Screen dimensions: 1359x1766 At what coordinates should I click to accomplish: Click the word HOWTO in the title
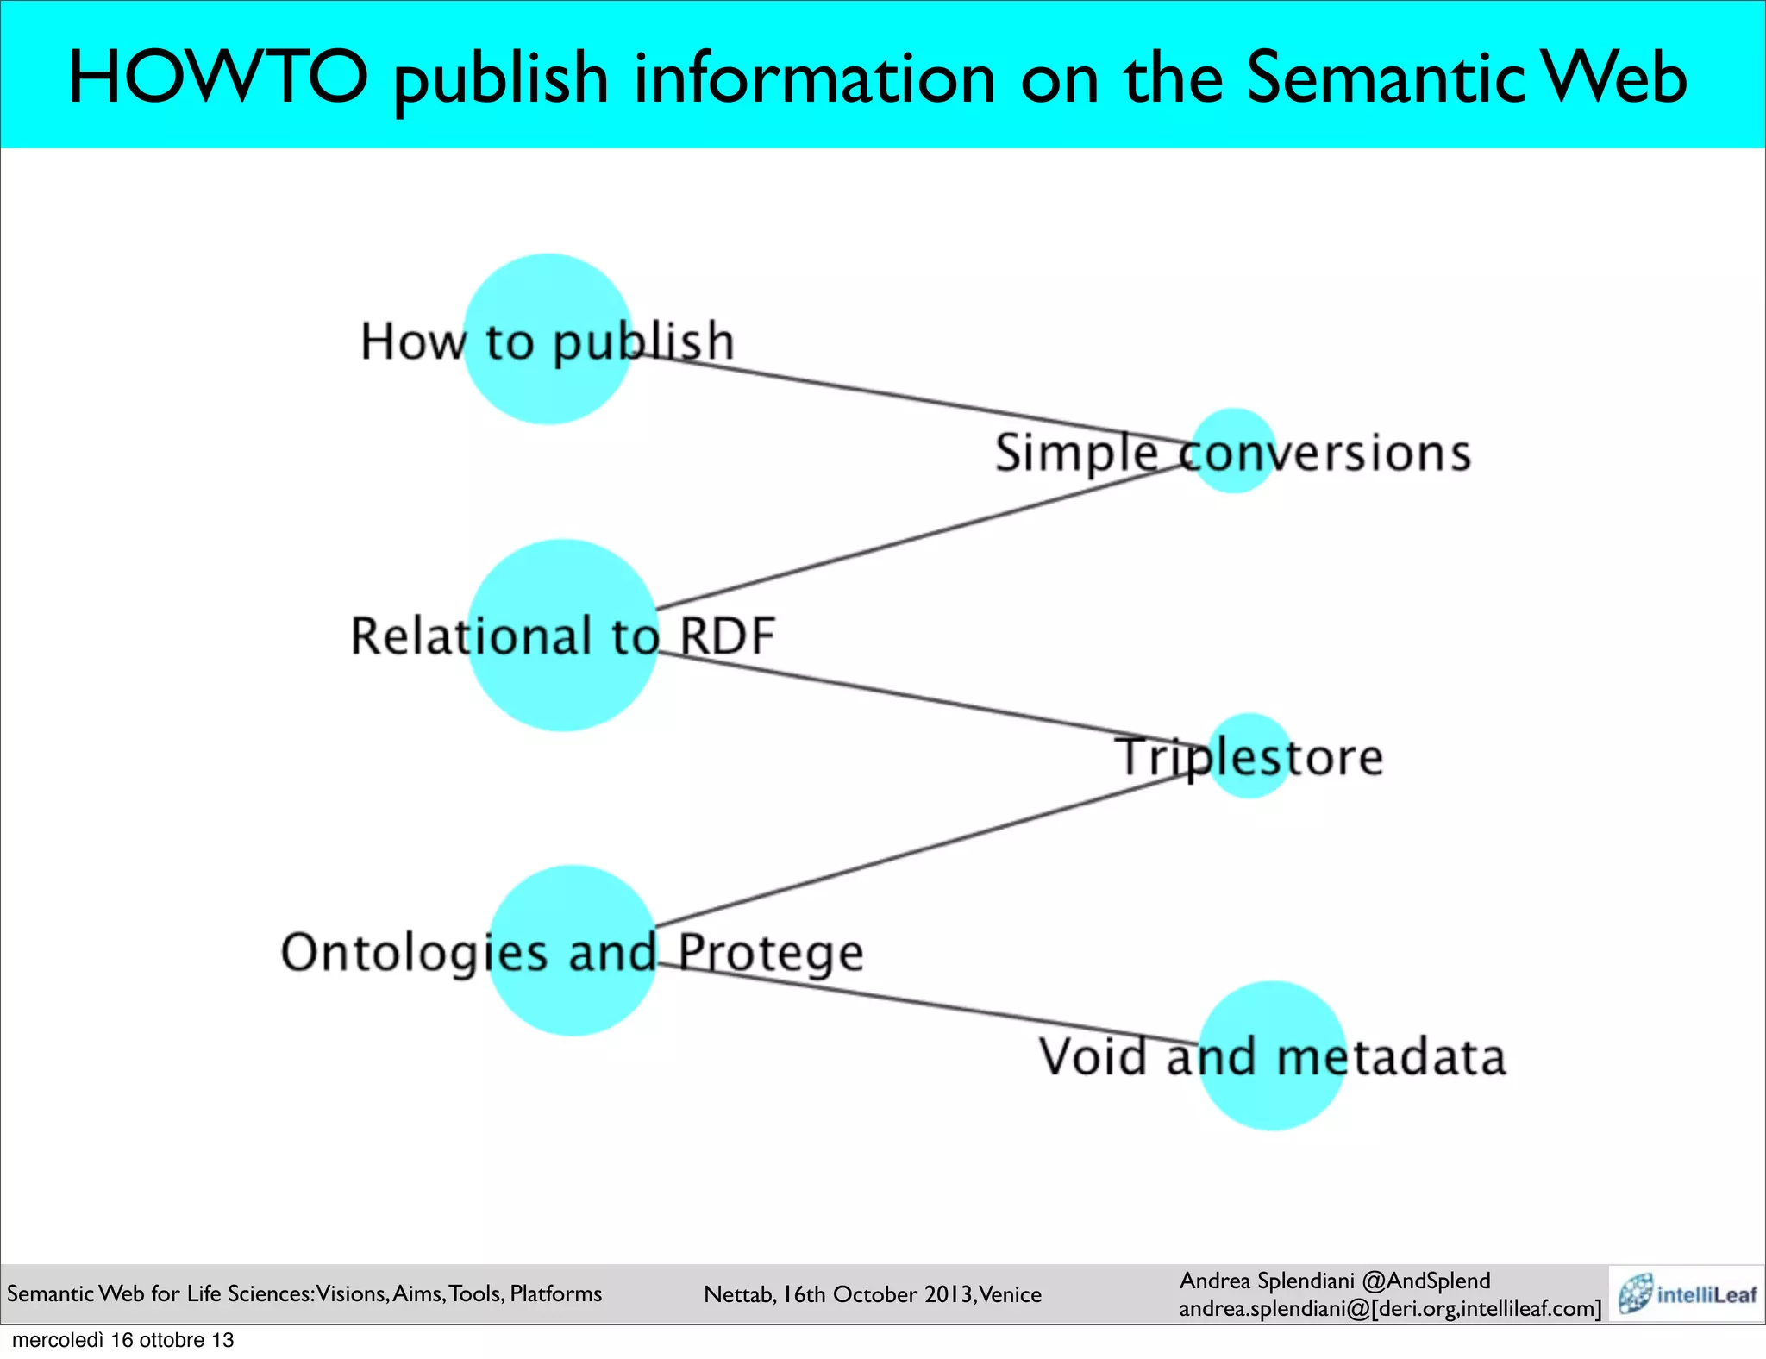pos(218,78)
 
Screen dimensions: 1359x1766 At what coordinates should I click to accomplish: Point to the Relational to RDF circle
pos(562,690)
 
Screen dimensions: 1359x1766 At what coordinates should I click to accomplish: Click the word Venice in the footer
pos(1010,1294)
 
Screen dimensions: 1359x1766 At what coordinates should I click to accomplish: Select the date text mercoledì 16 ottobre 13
pos(122,1340)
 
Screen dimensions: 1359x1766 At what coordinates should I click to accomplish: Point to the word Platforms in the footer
pos(555,1293)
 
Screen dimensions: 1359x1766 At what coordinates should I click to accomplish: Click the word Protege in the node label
pos(769,954)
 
